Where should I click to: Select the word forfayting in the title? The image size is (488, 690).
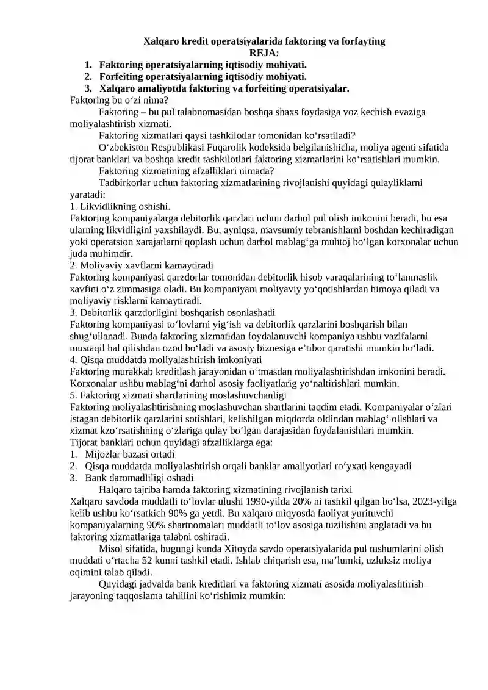362,41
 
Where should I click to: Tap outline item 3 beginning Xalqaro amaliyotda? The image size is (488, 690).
224,88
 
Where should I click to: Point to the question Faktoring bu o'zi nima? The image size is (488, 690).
120,100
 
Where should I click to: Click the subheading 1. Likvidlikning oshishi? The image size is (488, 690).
120,206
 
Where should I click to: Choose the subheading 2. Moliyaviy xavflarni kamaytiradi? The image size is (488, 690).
142,265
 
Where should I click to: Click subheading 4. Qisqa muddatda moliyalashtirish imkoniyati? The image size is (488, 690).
166,360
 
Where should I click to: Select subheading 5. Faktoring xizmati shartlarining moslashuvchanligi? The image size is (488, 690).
178,395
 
